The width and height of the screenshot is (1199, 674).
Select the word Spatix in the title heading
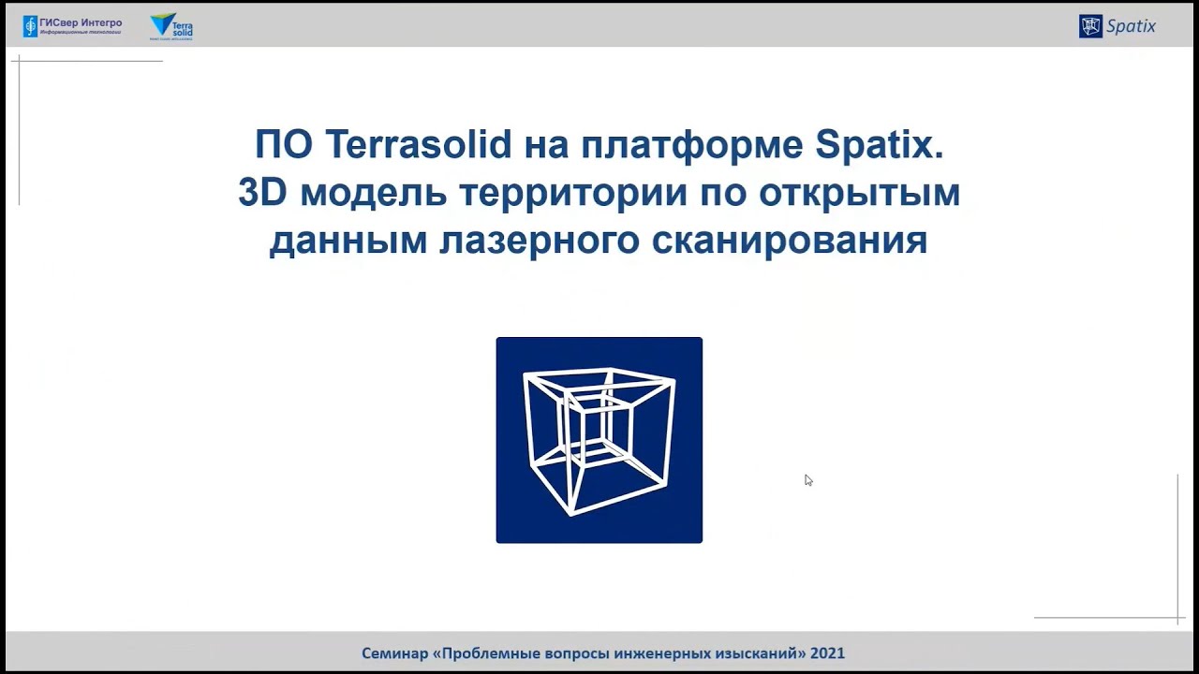879,145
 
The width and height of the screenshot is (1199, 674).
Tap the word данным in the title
348,241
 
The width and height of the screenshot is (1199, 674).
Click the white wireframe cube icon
599,440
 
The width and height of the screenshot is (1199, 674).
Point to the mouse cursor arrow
808,480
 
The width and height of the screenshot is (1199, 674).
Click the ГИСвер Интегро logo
72,26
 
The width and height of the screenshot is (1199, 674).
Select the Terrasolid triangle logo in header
171,26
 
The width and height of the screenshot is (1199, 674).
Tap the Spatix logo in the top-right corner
1118,26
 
